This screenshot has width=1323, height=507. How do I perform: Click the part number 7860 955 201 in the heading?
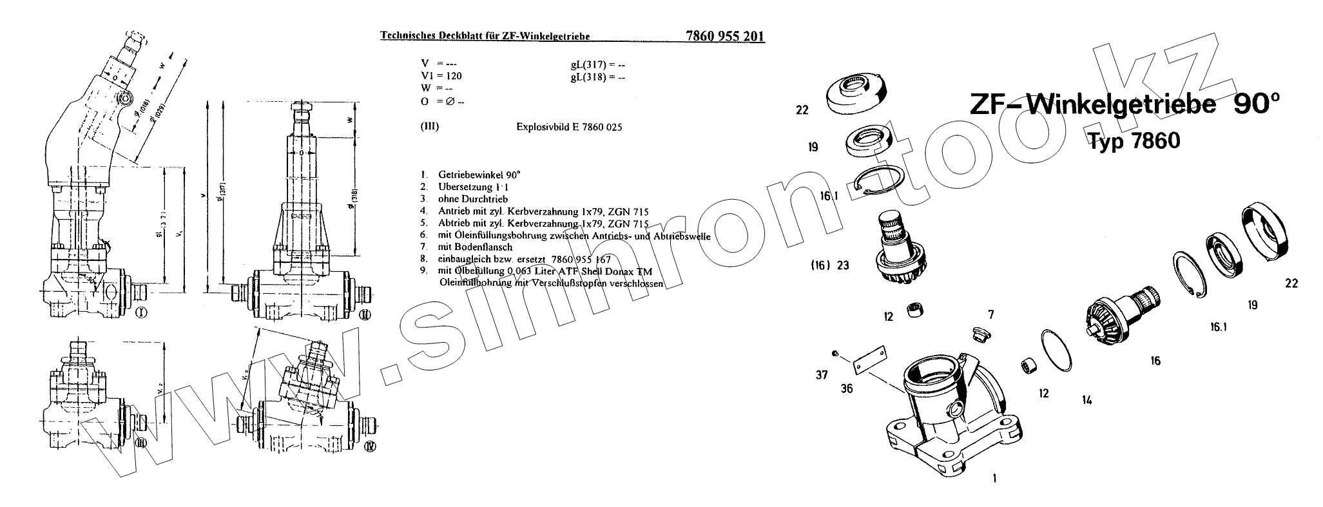click(722, 37)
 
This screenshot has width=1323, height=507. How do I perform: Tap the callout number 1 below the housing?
click(995, 478)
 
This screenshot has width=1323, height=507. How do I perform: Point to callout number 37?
click(821, 375)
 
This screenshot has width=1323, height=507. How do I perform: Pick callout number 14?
click(1087, 400)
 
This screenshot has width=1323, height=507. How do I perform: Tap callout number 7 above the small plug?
click(991, 315)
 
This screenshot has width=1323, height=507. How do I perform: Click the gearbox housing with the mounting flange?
click(947, 419)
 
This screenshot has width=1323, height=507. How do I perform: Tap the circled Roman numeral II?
click(365, 314)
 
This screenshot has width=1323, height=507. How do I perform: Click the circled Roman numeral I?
click(142, 313)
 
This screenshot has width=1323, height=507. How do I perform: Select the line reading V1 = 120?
click(441, 76)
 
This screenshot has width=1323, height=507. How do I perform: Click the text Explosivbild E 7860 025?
click(569, 127)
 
